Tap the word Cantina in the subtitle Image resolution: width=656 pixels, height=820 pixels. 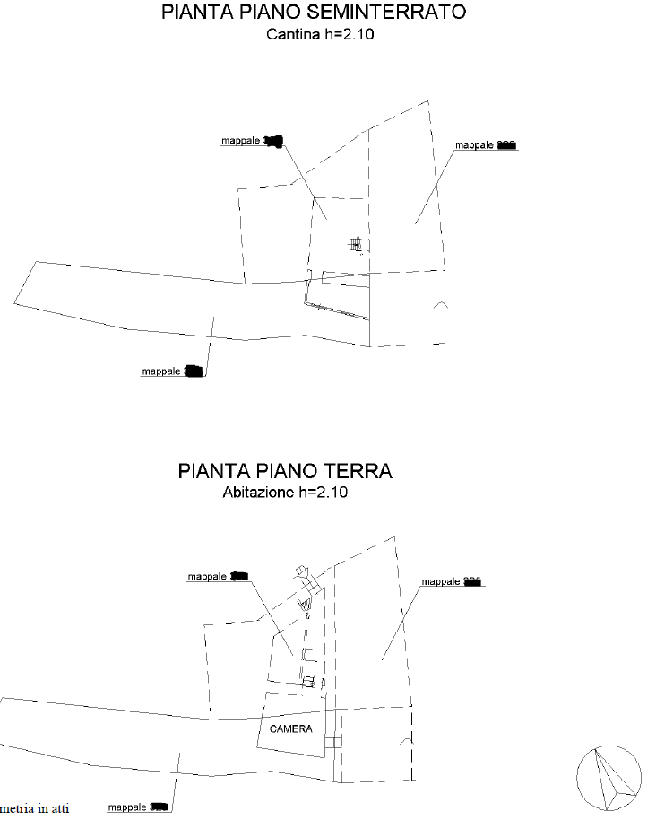coord(289,35)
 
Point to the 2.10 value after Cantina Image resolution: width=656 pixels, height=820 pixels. coord(358,35)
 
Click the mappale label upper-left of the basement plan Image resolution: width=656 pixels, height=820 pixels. coord(252,141)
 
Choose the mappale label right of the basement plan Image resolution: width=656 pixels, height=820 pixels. coord(487,145)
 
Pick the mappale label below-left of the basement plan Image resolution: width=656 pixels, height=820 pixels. coord(173,371)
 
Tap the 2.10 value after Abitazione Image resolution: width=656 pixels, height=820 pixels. coord(332,493)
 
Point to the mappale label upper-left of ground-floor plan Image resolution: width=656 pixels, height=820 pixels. coord(217,577)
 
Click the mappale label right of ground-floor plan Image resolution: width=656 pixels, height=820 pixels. coord(453,581)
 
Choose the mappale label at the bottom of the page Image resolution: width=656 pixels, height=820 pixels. coord(138,807)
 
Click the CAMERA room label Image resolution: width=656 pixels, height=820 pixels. coord(291,728)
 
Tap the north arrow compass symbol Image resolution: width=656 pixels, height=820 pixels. coord(609,777)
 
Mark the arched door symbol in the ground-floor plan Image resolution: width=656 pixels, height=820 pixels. coord(408,744)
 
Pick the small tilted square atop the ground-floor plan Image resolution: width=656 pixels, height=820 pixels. coord(303,571)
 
